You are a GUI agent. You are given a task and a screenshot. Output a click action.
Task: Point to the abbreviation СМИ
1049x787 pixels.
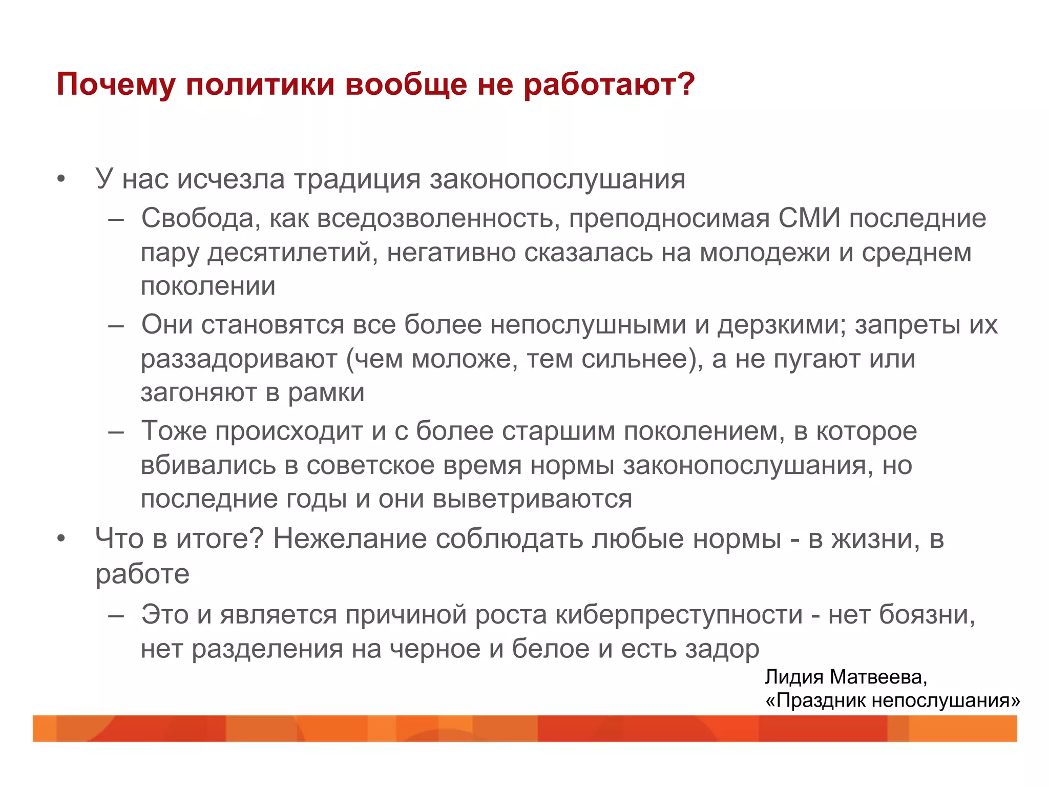coord(809,218)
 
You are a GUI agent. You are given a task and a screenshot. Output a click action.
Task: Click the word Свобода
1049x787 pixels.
coord(197,218)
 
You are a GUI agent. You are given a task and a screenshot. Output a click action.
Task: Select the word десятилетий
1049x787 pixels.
coord(289,253)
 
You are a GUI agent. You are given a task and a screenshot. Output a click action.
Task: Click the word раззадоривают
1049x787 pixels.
coord(239,359)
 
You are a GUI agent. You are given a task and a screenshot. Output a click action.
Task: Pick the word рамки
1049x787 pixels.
coord(326,393)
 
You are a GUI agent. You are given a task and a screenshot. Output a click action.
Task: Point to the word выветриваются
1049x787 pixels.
coord(532,499)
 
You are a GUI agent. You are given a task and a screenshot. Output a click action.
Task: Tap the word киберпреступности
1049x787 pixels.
coord(679,614)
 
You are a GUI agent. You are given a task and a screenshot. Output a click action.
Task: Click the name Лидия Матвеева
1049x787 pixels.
coord(846,677)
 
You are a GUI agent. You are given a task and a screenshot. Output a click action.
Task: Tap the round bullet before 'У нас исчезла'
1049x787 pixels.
coord(61,180)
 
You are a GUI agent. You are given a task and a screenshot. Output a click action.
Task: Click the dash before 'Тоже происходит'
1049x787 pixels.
coord(116,431)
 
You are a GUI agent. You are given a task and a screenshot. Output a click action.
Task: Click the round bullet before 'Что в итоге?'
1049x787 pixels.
coord(61,540)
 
